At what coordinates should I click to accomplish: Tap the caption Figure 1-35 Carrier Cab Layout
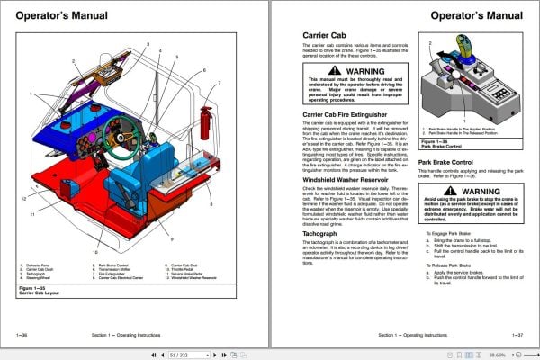41,293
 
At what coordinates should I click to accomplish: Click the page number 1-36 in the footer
21,334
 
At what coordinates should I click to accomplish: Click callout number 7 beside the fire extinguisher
218,81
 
